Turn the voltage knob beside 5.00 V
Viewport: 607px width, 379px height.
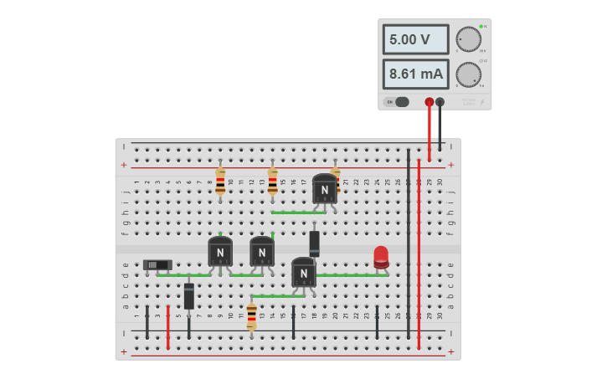coord(469,39)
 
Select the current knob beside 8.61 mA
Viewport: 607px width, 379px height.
coord(469,74)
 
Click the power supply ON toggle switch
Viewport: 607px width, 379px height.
coord(398,102)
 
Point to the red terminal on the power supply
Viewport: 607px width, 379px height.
coord(430,102)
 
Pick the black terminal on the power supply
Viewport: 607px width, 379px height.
coord(440,102)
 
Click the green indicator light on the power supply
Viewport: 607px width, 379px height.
coord(481,27)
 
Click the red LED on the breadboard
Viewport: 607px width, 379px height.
coord(381,257)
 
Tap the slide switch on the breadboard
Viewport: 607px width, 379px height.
coord(157,265)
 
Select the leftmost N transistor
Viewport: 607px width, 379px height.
coord(220,251)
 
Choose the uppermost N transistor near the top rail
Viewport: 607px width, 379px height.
coord(325,188)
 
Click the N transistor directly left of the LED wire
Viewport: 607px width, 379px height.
coord(304,272)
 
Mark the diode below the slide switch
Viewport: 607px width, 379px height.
coord(189,296)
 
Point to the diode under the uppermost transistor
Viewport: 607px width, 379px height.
coord(315,243)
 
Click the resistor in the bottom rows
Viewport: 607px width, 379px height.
coord(252,315)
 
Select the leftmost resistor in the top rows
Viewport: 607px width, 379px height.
coord(220,180)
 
